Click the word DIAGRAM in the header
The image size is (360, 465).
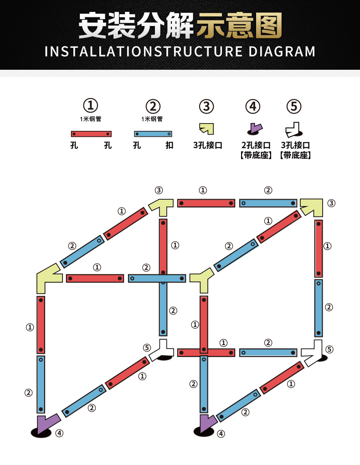(282, 52)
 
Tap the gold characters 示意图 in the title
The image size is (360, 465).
(239, 26)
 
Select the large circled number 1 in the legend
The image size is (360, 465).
(90, 105)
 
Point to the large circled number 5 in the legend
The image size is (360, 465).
(294, 107)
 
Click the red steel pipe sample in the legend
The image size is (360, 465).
(91, 134)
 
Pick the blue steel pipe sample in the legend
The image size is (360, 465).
(153, 134)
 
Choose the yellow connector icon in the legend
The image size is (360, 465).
(207, 129)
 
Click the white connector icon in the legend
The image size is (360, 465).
(293, 130)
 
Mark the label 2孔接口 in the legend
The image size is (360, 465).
(256, 145)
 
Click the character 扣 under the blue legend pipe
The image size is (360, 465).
(169, 145)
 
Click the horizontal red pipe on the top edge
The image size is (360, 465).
(206, 203)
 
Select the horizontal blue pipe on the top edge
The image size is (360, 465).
(268, 203)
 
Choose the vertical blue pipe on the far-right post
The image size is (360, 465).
(319, 308)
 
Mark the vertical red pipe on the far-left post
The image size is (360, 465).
(41, 325)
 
